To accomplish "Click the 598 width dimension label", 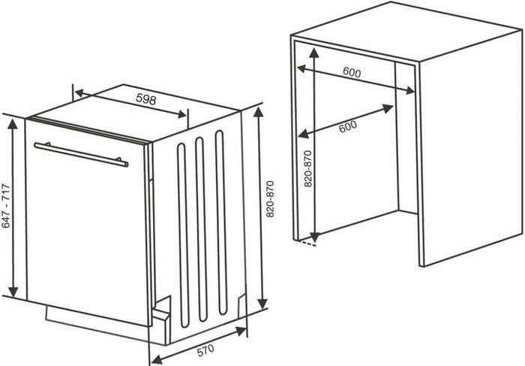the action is [x=146, y=99].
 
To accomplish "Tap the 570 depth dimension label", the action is [x=205, y=350].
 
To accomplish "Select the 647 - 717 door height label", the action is [x=6, y=206].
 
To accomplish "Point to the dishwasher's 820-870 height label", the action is [x=270, y=199].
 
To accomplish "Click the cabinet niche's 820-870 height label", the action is [x=307, y=169].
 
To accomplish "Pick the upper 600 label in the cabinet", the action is [x=352, y=72].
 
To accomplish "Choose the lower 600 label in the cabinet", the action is [x=348, y=126].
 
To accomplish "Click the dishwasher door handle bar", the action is [x=81, y=154].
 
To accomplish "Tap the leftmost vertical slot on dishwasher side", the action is [x=183, y=235].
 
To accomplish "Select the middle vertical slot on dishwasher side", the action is [x=202, y=229].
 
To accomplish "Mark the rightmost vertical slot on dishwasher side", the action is [x=221, y=222].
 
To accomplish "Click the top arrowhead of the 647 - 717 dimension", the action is [x=13, y=124].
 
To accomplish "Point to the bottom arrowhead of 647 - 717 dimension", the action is [x=13, y=291].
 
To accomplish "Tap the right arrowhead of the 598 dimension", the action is [x=181, y=114].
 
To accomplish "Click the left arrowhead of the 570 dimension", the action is [x=157, y=359].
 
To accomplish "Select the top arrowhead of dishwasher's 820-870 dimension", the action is [x=259, y=112].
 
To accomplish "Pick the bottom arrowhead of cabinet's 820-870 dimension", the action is [x=315, y=237].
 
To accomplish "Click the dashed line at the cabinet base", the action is [x=307, y=243].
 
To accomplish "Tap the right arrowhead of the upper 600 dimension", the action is [x=409, y=90].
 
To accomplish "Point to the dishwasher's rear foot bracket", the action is [x=241, y=304].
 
